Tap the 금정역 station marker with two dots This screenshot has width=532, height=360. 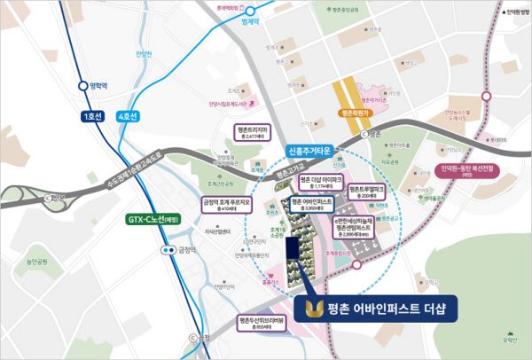pos(166,251)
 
